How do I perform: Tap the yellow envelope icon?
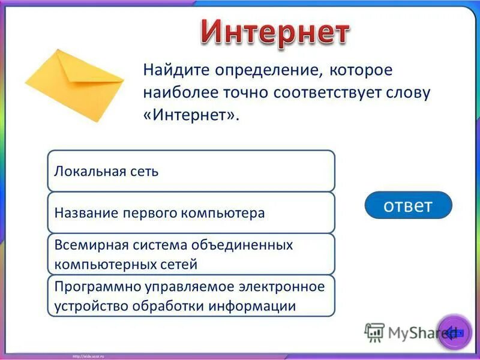pos(74,85)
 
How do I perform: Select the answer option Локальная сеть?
pos(191,172)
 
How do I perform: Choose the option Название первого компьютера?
pos(191,213)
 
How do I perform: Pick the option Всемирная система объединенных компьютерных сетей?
pos(191,254)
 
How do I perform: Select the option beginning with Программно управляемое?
pos(191,296)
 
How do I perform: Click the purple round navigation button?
pos(454,331)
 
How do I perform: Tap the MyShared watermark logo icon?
pos(374,332)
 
